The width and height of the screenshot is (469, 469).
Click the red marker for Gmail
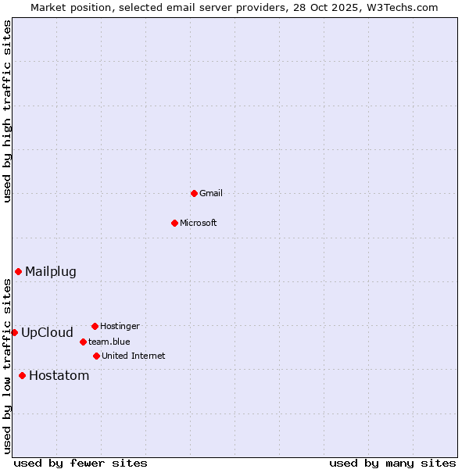194,193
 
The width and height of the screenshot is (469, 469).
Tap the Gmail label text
211,194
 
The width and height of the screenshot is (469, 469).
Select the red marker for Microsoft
174,223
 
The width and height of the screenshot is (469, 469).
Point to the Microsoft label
198,224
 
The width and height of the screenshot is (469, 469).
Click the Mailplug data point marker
18,271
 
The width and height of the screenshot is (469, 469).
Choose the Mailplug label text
51,272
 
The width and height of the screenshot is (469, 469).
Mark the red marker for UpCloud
14,332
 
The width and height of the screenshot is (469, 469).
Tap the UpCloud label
47,333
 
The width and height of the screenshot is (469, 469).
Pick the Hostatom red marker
22,375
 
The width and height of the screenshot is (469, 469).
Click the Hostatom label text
59,376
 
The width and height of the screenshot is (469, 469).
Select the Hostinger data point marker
95,326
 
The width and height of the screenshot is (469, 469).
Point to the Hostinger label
120,327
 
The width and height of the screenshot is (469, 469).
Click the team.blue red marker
83,342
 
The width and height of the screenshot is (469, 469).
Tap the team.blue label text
109,342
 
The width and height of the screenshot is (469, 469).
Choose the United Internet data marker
96,356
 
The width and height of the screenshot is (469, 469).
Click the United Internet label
133,356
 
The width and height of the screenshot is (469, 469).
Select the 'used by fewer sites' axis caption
81,464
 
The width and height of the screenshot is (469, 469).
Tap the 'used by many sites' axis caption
392,464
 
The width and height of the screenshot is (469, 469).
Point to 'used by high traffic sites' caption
8,111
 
